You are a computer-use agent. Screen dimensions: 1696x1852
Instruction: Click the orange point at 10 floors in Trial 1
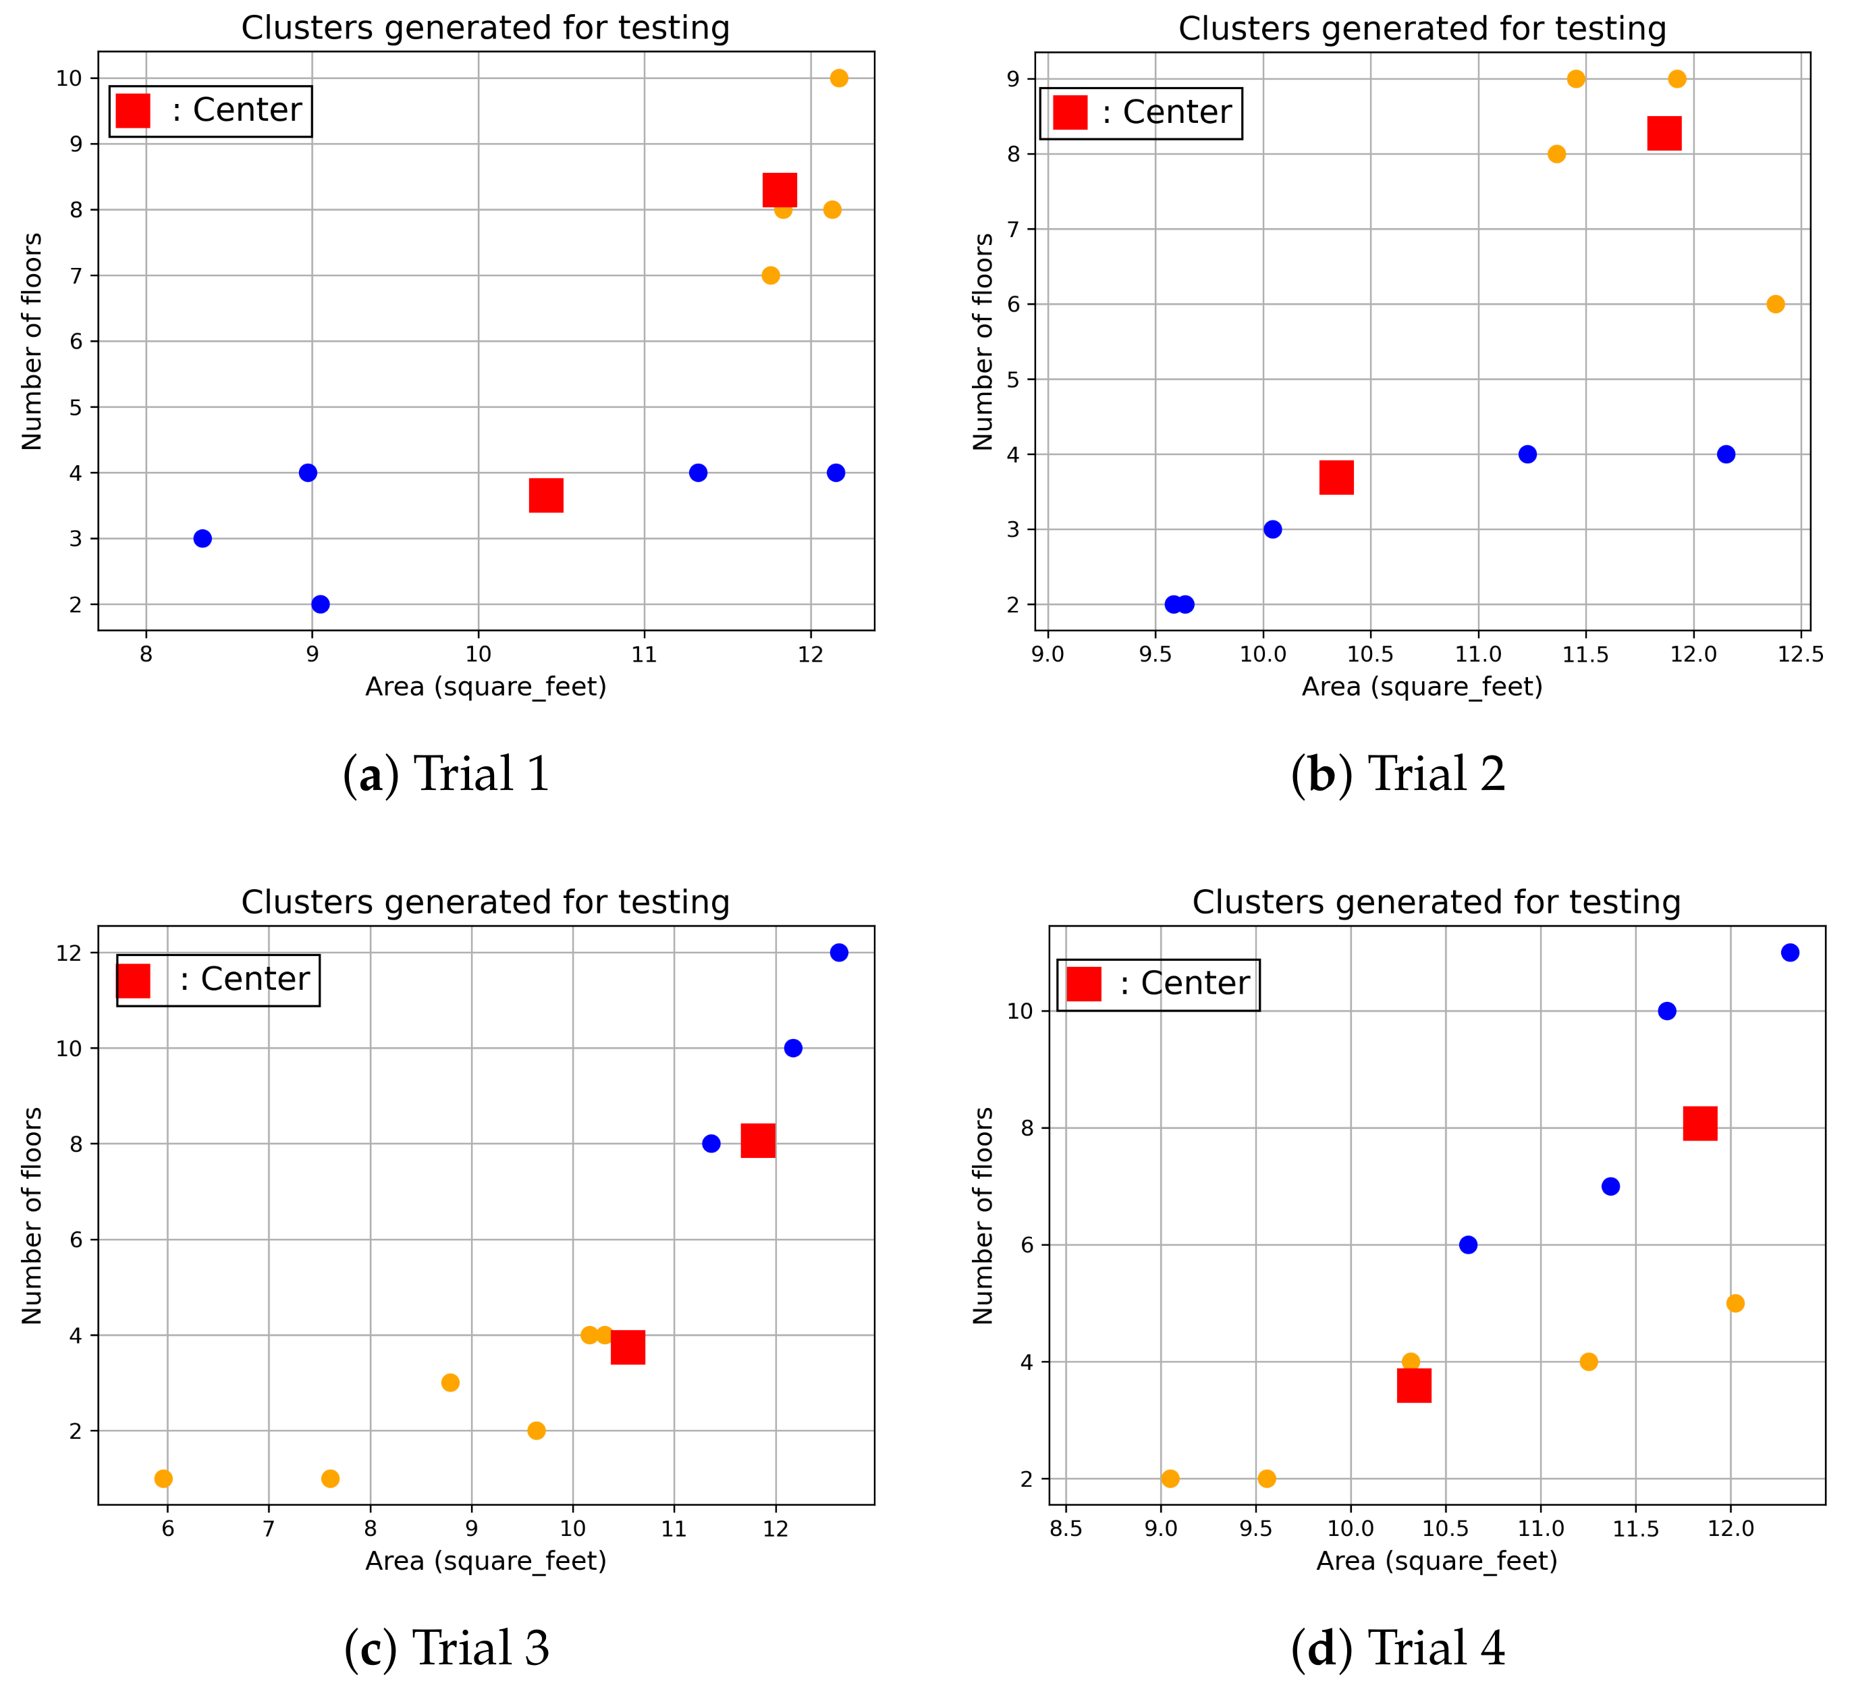click(x=839, y=78)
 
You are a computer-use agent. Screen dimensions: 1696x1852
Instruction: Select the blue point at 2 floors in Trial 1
click(x=321, y=604)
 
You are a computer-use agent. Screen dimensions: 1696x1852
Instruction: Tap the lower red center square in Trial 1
click(x=547, y=495)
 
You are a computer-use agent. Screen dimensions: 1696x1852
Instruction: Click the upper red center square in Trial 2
click(x=1664, y=133)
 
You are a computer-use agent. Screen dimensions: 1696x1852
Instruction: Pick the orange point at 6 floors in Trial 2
click(x=1776, y=304)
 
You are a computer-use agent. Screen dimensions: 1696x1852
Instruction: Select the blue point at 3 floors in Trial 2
click(x=1272, y=529)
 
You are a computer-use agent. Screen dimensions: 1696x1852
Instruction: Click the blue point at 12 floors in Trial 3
click(x=839, y=953)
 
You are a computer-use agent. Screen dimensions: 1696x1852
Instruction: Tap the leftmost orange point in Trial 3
click(x=163, y=1478)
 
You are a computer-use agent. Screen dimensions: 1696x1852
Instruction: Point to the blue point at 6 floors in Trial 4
click(x=1468, y=1245)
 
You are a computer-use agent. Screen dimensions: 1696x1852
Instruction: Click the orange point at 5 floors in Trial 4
click(x=1735, y=1303)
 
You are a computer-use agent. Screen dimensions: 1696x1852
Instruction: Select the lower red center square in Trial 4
click(x=1414, y=1385)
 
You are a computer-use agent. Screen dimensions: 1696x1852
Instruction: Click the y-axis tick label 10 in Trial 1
click(x=69, y=78)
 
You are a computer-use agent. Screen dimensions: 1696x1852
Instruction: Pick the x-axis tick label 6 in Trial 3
click(x=167, y=1529)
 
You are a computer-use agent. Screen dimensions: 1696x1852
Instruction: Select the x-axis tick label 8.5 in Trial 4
click(x=1066, y=1529)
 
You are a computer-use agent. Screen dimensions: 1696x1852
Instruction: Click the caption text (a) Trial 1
click(x=447, y=774)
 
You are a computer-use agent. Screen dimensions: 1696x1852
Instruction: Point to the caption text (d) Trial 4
click(x=1398, y=1647)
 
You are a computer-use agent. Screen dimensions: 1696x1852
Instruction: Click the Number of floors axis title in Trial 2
click(x=983, y=341)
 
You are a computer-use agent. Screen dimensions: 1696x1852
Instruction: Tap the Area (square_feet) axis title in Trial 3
click(x=486, y=1561)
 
